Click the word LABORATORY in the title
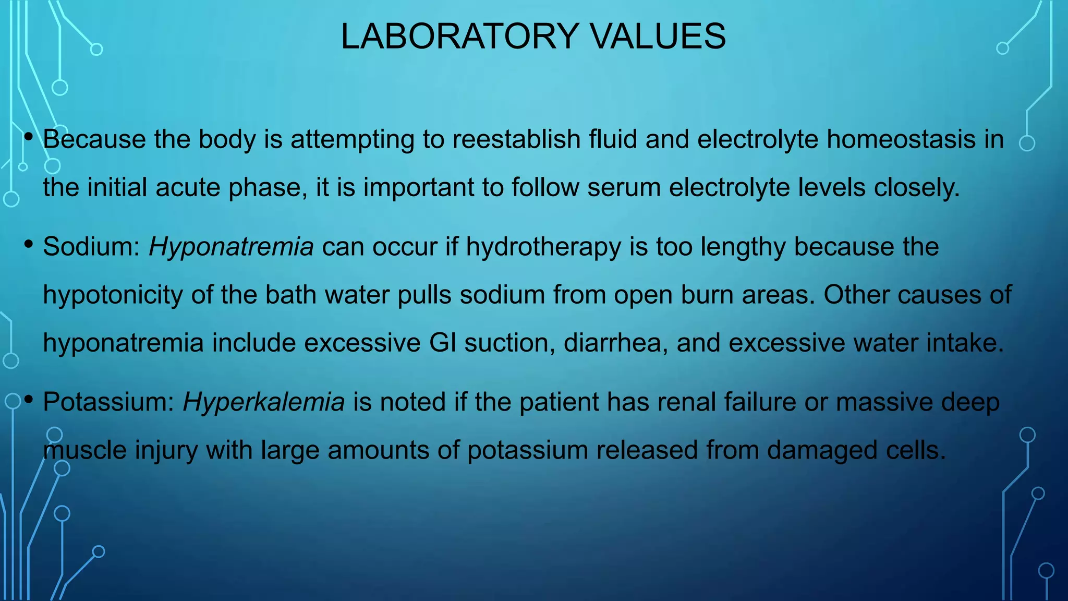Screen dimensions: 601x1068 [459, 37]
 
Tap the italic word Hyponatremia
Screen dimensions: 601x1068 [231, 247]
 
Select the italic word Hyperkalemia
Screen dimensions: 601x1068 [263, 402]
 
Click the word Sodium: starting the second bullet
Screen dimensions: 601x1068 [91, 247]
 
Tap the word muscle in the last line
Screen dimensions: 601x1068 [84, 450]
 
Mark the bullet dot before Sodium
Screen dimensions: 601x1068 [29, 244]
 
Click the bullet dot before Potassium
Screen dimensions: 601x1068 [29, 400]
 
